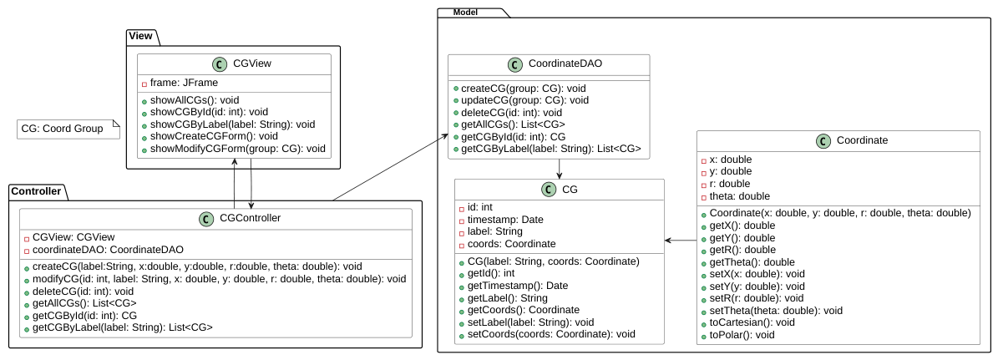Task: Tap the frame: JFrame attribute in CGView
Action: (x=184, y=83)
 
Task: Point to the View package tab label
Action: (x=140, y=36)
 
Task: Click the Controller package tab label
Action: (x=36, y=190)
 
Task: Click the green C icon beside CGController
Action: (x=205, y=219)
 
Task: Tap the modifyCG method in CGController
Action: (x=219, y=279)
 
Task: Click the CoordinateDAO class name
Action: (x=565, y=63)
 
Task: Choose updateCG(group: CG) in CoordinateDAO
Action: (x=524, y=100)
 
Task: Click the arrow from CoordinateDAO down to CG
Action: (x=559, y=168)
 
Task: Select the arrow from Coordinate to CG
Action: (x=681, y=241)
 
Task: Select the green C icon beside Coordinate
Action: (x=823, y=141)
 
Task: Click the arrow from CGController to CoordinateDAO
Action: (x=389, y=167)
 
